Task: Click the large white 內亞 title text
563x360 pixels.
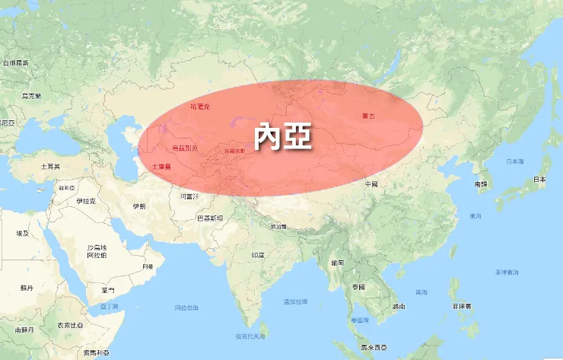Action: click(x=282, y=138)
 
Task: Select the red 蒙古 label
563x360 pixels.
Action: click(x=368, y=116)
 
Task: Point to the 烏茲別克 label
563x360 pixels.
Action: click(x=184, y=148)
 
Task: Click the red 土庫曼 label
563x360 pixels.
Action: click(x=161, y=165)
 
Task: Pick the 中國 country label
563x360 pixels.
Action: click(x=371, y=184)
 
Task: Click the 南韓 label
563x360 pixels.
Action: click(x=481, y=184)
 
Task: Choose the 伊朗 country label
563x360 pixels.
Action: click(x=138, y=206)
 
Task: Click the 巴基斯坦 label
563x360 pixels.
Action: click(x=210, y=218)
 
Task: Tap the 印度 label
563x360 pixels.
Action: click(x=257, y=255)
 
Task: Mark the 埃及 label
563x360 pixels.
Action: click(x=24, y=233)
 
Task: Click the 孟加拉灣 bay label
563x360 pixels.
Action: click(x=295, y=301)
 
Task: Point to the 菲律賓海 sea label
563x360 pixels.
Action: click(x=506, y=272)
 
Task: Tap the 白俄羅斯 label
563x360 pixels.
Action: click(x=15, y=62)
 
